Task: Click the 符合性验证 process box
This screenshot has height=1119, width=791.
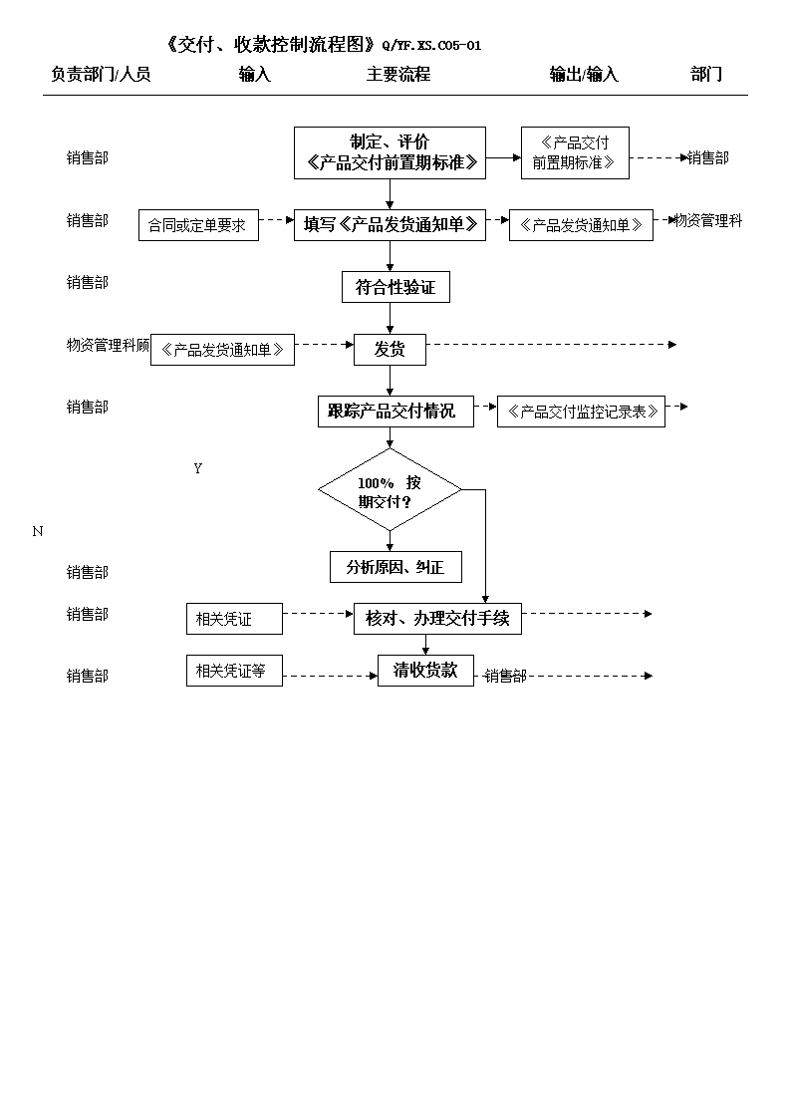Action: pyautogui.click(x=395, y=287)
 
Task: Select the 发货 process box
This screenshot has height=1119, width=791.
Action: pyautogui.click(x=390, y=350)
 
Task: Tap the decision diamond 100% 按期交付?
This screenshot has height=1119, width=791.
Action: pyautogui.click(x=390, y=490)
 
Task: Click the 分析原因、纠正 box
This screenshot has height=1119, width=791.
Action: pyautogui.click(x=395, y=567)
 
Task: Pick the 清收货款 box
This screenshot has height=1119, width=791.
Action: pyautogui.click(x=425, y=671)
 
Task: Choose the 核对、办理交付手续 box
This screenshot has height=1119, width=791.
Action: pyautogui.click(x=437, y=618)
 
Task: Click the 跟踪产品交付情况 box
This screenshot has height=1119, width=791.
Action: pyautogui.click(x=395, y=412)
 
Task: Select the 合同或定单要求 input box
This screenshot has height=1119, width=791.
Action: pyautogui.click(x=198, y=225)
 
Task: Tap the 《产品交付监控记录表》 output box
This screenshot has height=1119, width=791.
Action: pyautogui.click(x=582, y=412)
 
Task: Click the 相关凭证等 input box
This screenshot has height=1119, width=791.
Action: pyautogui.click(x=235, y=671)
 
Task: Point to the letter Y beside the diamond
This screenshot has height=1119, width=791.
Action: pyautogui.click(x=197, y=469)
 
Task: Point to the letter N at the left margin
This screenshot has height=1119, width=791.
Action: pyautogui.click(x=38, y=532)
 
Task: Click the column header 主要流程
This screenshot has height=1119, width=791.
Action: pyautogui.click(x=398, y=74)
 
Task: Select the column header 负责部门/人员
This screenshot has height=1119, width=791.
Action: pyautogui.click(x=101, y=74)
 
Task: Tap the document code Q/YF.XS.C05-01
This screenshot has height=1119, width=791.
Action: pyautogui.click(x=431, y=46)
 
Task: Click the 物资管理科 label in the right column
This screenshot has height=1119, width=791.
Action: pyautogui.click(x=708, y=220)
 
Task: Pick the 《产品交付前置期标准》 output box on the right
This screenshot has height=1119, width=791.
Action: pyautogui.click(x=575, y=152)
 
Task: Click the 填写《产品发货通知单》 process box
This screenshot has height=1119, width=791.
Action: pyautogui.click(x=391, y=225)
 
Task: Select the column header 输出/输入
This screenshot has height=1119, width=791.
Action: pyautogui.click(x=584, y=74)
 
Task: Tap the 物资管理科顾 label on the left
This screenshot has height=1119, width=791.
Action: pyautogui.click(x=109, y=346)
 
